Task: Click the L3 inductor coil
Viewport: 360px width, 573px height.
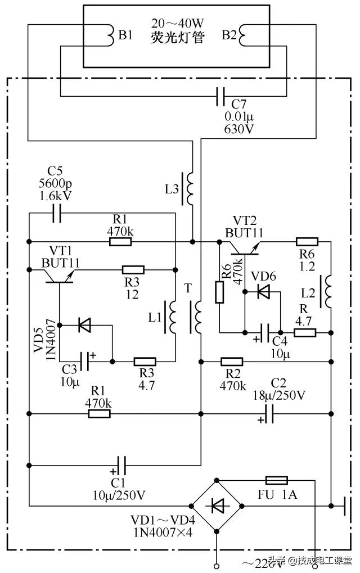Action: [191, 189]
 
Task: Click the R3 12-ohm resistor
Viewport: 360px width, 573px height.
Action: [133, 270]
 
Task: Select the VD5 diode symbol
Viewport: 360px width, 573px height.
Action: [84, 324]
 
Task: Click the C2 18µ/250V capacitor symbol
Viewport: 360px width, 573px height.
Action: [269, 414]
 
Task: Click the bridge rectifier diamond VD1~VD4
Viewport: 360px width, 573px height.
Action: [217, 506]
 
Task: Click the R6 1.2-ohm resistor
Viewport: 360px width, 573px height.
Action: [307, 242]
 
